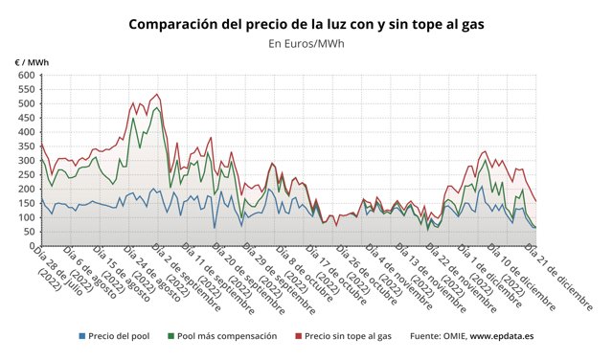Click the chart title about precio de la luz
pos(306,23)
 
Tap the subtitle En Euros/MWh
pos(306,43)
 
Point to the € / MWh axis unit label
pos(32,62)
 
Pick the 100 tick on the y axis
pos(27,217)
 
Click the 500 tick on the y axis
pos(27,102)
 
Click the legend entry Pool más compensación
pos(227,337)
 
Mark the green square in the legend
pos(171,337)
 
